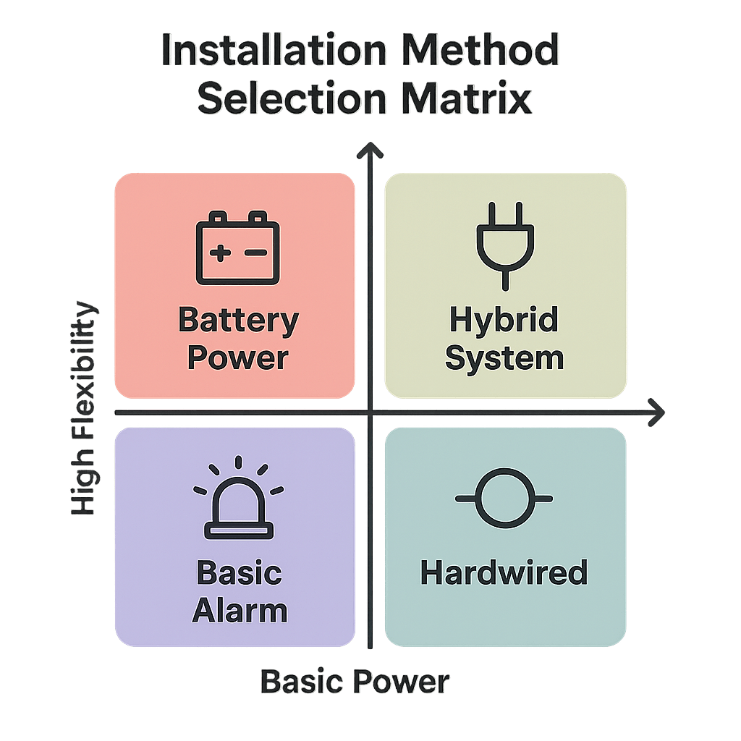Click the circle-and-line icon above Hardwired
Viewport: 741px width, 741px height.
(504, 499)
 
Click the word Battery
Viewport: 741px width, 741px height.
(238, 320)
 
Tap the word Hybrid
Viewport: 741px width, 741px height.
(504, 319)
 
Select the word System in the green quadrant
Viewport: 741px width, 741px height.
(504, 358)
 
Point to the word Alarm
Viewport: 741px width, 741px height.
(240, 611)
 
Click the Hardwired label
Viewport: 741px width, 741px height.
(504, 574)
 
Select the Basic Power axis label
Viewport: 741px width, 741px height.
(355, 682)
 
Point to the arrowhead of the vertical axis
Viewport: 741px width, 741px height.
(370, 150)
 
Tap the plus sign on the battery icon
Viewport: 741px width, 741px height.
(220, 253)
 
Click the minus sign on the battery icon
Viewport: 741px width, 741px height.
(255, 253)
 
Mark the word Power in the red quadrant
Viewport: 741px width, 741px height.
(238, 358)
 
